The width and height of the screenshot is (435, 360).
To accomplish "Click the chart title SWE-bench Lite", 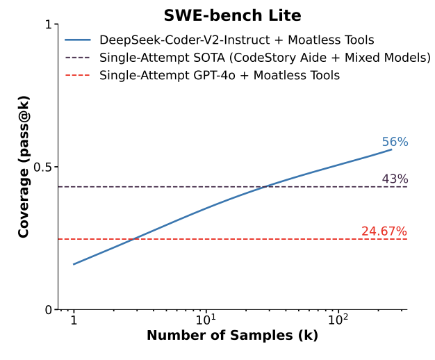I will [x=232, y=15].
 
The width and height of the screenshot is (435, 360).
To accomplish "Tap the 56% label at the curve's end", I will [x=395, y=142].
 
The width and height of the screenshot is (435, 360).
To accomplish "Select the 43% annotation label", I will [x=395, y=179].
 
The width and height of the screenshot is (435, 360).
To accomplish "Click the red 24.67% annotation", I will [x=384, y=231].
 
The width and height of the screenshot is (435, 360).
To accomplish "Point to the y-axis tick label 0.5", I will [x=43, y=167].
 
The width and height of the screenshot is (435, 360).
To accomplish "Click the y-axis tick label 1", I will [x=49, y=24].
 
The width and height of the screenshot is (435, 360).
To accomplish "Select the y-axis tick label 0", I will [x=49, y=310].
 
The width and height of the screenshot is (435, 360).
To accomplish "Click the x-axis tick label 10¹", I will [x=206, y=321].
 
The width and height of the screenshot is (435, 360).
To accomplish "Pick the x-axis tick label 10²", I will [x=338, y=321].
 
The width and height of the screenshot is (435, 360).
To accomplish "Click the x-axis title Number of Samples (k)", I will [x=232, y=336].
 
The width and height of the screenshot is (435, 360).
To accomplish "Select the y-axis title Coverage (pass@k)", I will [x=24, y=167].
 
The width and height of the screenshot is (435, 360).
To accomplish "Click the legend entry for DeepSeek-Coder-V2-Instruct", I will [x=236, y=40].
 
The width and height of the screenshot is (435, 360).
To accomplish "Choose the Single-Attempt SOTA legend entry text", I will [x=265, y=58].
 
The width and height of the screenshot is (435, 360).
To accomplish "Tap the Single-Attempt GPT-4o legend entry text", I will [x=220, y=75].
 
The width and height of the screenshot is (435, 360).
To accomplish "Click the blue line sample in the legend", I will [x=78, y=40].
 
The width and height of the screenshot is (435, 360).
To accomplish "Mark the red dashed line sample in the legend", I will [x=78, y=75].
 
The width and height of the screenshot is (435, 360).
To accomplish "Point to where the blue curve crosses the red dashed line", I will [x=133, y=239].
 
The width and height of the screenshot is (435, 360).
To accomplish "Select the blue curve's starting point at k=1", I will [x=74, y=264].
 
